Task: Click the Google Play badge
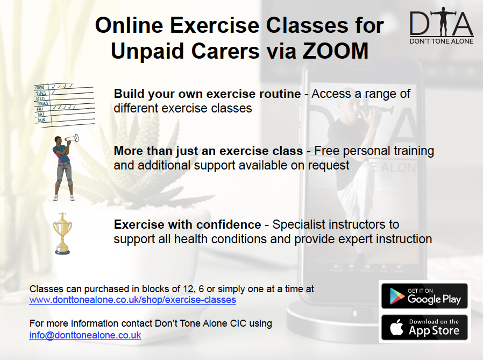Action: [x=424, y=296]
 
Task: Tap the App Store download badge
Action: [x=424, y=327]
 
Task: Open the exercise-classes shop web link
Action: [x=133, y=300]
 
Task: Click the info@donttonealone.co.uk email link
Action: [x=86, y=335]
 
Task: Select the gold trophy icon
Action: [x=62, y=234]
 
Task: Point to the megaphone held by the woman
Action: [x=72, y=139]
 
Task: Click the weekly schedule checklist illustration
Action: [x=64, y=105]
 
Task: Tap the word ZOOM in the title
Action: [x=336, y=51]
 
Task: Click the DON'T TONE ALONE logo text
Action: [x=442, y=41]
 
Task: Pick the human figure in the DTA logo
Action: [x=443, y=21]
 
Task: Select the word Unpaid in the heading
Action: [x=147, y=52]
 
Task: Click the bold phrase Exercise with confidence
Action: [x=188, y=224]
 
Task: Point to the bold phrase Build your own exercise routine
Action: [x=207, y=94]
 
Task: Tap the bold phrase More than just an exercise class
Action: [x=209, y=151]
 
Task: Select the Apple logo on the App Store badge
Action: [x=397, y=327]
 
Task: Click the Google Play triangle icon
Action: [x=397, y=296]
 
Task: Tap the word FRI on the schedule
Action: [x=40, y=109]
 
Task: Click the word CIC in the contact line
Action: [x=238, y=323]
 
